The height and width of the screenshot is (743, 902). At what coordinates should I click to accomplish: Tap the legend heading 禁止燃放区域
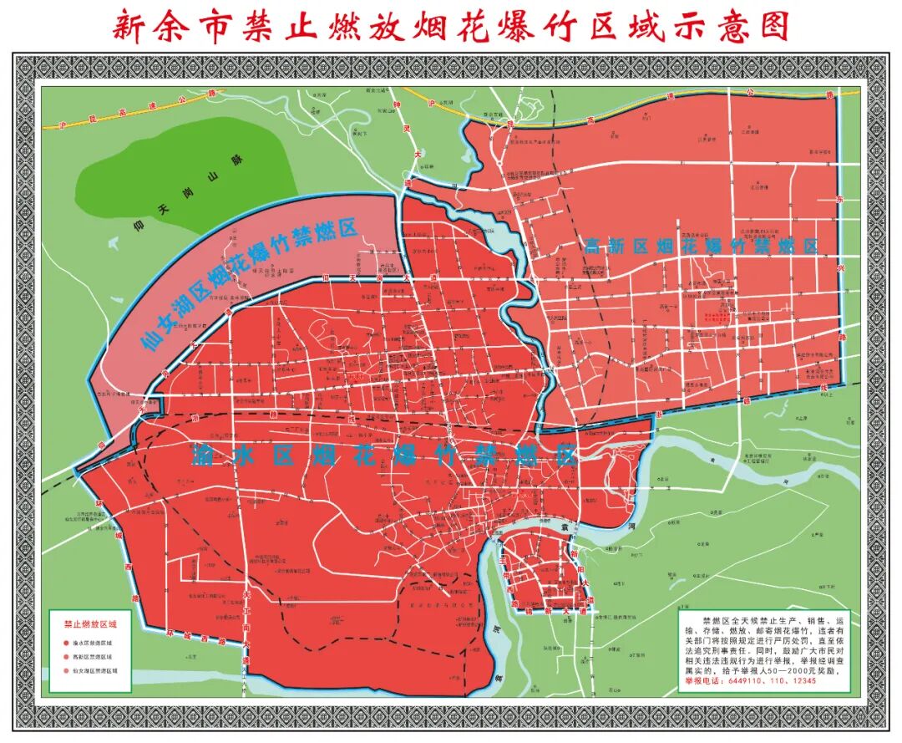[x=90, y=624]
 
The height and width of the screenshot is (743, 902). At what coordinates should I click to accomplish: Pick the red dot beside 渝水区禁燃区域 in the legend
[x=63, y=644]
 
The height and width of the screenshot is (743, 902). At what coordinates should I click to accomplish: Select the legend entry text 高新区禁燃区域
[x=94, y=657]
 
